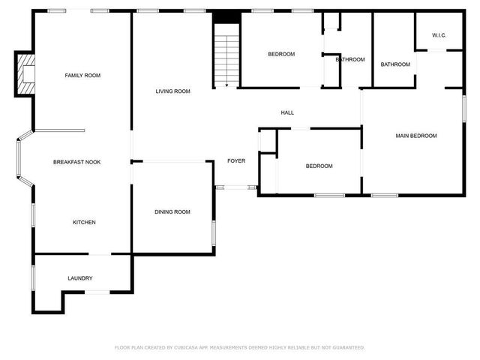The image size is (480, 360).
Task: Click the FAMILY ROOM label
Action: pyautogui.click(x=82, y=75)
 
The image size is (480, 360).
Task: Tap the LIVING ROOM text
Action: pyautogui.click(x=172, y=91)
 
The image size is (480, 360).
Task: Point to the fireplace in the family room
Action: pyautogui.click(x=25, y=74)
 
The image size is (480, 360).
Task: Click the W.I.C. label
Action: pyautogui.click(x=439, y=35)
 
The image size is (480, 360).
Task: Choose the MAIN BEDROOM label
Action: pyautogui.click(x=416, y=136)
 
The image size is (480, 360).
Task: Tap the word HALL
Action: pyautogui.click(x=287, y=112)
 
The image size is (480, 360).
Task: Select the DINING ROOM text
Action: pyautogui.click(x=172, y=212)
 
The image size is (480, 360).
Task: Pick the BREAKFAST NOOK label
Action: pyautogui.click(x=76, y=162)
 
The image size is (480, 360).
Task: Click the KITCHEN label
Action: pyautogui.click(x=84, y=222)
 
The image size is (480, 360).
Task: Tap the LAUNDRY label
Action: pyautogui.click(x=80, y=278)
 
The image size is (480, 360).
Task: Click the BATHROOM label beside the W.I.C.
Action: pyautogui.click(x=395, y=64)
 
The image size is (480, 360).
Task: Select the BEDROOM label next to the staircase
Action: pyautogui.click(x=281, y=54)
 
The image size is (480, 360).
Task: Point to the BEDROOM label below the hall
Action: pyautogui.click(x=319, y=166)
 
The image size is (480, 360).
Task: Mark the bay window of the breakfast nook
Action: pyautogui.click(x=22, y=160)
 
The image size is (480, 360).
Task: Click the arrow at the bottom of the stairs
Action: pyautogui.click(x=226, y=85)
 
